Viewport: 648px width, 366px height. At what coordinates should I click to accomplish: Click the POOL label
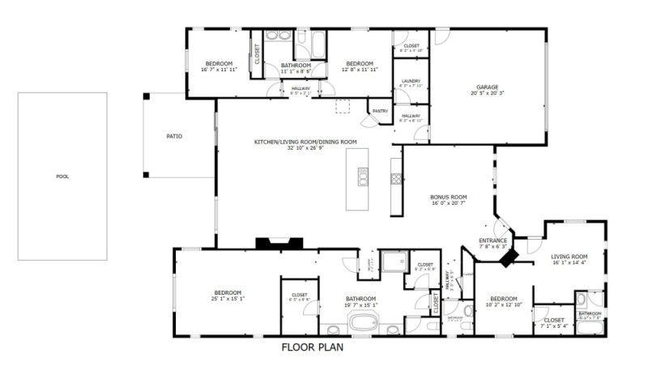click(62, 177)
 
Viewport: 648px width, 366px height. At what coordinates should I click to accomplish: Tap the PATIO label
click(174, 136)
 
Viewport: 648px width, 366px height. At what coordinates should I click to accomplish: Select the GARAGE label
click(487, 87)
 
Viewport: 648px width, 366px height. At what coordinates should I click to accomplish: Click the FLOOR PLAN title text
click(313, 348)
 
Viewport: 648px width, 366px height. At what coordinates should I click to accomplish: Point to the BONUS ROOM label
click(448, 197)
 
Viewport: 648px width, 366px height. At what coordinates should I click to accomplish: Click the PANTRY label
click(380, 111)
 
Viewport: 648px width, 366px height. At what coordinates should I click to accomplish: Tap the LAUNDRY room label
click(411, 82)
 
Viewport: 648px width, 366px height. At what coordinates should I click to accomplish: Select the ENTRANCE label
click(492, 240)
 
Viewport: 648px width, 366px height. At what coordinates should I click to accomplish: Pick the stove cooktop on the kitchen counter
click(396, 176)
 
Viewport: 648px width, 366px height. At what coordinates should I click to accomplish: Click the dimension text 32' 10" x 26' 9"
click(305, 148)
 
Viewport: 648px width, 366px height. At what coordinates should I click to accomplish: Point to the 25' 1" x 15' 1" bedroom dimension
click(228, 299)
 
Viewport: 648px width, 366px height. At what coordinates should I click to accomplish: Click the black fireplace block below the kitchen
click(279, 242)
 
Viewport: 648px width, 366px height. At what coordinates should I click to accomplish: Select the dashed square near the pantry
click(343, 106)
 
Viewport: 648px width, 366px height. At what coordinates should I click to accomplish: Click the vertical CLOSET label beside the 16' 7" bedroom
click(258, 55)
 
